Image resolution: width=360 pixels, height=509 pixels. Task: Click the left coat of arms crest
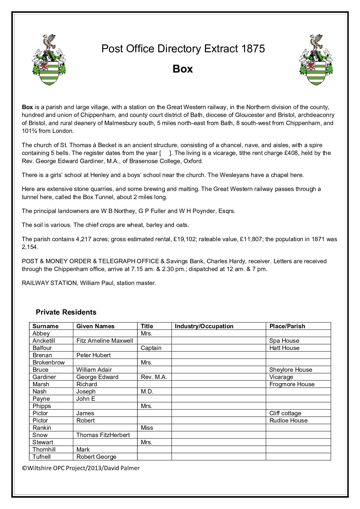[48, 60]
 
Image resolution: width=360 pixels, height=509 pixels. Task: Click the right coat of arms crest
[316, 60]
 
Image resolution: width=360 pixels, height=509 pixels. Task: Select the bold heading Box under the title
[183, 69]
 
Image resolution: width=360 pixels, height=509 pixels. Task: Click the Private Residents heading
[66, 312]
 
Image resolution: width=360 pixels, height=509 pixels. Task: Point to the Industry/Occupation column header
[204, 326]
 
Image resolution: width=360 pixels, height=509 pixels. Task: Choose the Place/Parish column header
[287, 326]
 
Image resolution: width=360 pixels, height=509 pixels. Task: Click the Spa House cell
[284, 341]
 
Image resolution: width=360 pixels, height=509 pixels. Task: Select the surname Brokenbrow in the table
[48, 362]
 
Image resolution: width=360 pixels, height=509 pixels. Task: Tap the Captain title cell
[151, 348]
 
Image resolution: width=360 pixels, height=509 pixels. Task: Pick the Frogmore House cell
[292, 384]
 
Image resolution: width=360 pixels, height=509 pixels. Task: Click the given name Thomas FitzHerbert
[103, 435]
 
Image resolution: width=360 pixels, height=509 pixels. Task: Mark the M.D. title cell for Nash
[147, 391]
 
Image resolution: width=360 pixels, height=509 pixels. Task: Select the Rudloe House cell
[288, 420]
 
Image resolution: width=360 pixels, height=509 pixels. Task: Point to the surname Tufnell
[42, 457]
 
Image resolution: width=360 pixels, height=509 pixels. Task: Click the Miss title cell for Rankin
[147, 428]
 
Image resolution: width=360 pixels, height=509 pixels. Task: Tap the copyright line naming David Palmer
[81, 468]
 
